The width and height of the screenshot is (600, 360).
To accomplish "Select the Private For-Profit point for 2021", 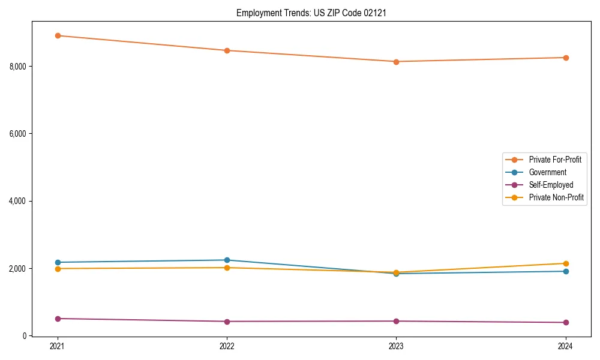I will pyautogui.click(x=58, y=35).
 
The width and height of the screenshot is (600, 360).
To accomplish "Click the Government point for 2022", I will pyautogui.click(x=227, y=260).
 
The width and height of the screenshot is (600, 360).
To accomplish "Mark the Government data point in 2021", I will pyautogui.click(x=58, y=262).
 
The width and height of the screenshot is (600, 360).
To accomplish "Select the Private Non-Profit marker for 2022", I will pyautogui.click(x=227, y=268).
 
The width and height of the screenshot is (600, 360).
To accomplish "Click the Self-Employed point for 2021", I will pyautogui.click(x=58, y=319).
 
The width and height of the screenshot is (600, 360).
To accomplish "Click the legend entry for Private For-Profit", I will pyautogui.click(x=555, y=160).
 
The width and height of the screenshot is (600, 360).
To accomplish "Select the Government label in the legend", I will pyautogui.click(x=547, y=172).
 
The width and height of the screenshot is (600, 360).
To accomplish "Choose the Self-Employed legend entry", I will pyautogui.click(x=551, y=185).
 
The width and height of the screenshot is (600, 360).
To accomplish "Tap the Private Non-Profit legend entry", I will pyautogui.click(x=556, y=197).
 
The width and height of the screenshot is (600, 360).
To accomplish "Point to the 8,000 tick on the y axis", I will pyautogui.click(x=17, y=66).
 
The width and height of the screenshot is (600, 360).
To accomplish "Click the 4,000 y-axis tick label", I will pyautogui.click(x=17, y=201).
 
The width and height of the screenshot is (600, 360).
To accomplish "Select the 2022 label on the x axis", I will pyautogui.click(x=227, y=346).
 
